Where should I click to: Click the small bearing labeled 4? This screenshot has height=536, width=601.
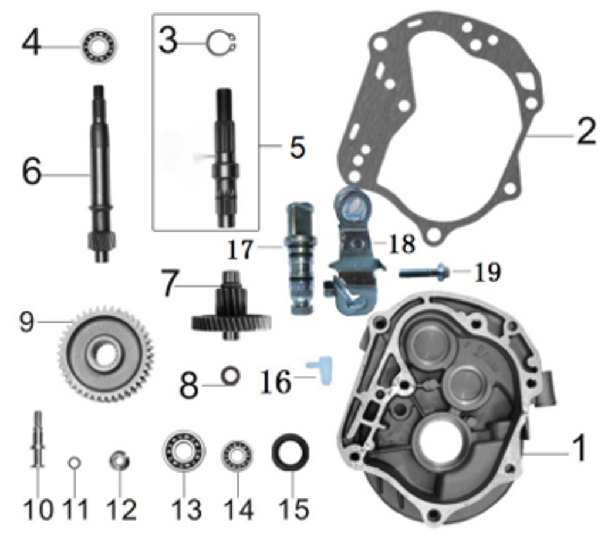tap(99, 45)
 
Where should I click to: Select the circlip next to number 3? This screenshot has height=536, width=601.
tap(221, 44)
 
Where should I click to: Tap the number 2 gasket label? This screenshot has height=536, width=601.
tap(585, 132)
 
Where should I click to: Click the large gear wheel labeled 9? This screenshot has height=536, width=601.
tap(106, 354)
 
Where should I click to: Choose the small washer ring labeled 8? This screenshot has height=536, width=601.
tap(231, 376)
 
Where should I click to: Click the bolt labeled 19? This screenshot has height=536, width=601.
tap(424, 272)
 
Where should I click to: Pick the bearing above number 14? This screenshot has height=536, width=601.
tap(237, 456)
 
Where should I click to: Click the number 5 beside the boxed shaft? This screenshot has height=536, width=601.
tap(297, 147)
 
